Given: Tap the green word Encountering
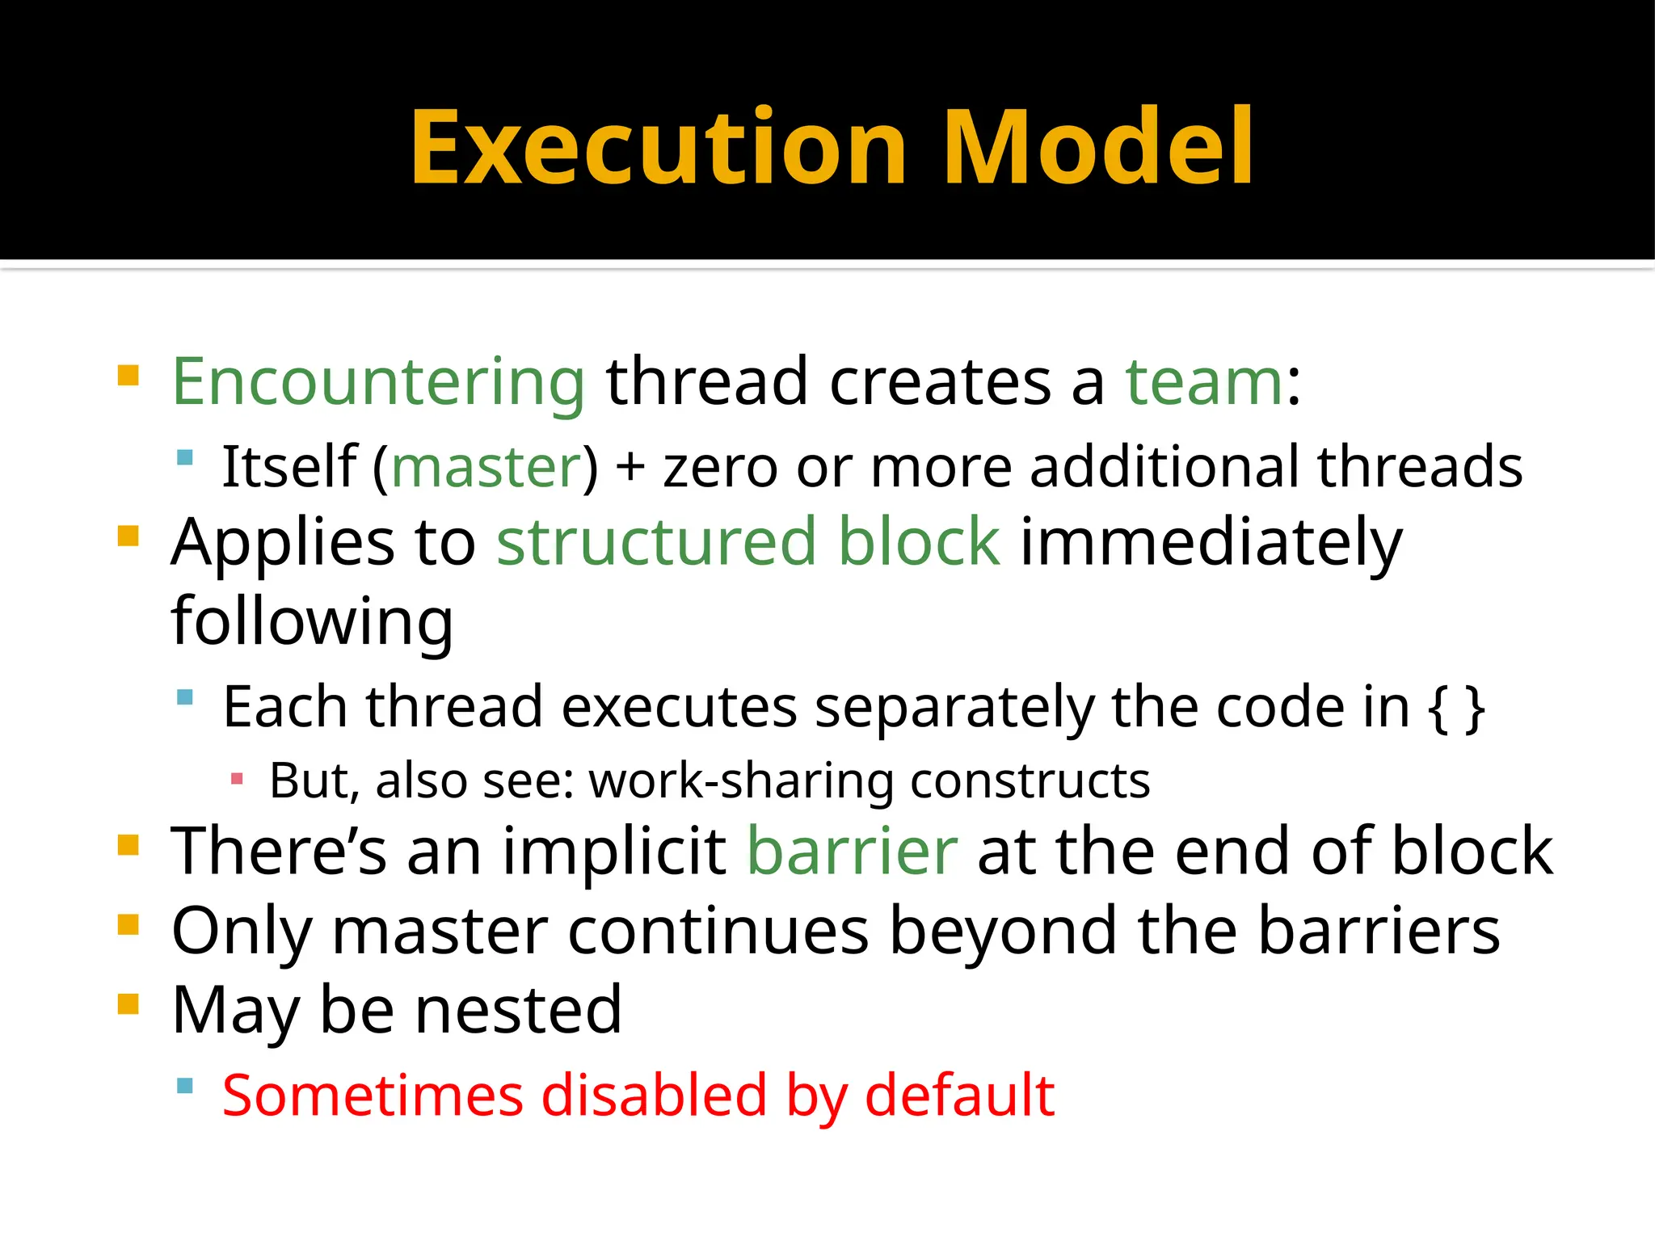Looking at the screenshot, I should coord(378,381).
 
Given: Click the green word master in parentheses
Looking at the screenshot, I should coord(486,467).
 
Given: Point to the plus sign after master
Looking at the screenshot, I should coord(630,469).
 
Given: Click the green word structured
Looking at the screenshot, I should coord(655,541).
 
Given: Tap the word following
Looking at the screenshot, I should coord(312,620).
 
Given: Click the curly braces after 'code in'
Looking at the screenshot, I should coord(1456,708).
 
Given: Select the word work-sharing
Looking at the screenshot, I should coord(740,780).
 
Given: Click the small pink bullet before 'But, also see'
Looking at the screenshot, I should coord(237,780).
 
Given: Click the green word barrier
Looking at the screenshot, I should coord(852,851).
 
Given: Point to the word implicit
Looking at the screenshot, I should coord(614,851).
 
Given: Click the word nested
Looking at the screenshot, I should coord(518,1010).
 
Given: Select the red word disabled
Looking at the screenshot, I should coord(653,1096).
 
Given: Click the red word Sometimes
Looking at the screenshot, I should coord(373,1096).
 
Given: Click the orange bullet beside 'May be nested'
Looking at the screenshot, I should coord(128,1003).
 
